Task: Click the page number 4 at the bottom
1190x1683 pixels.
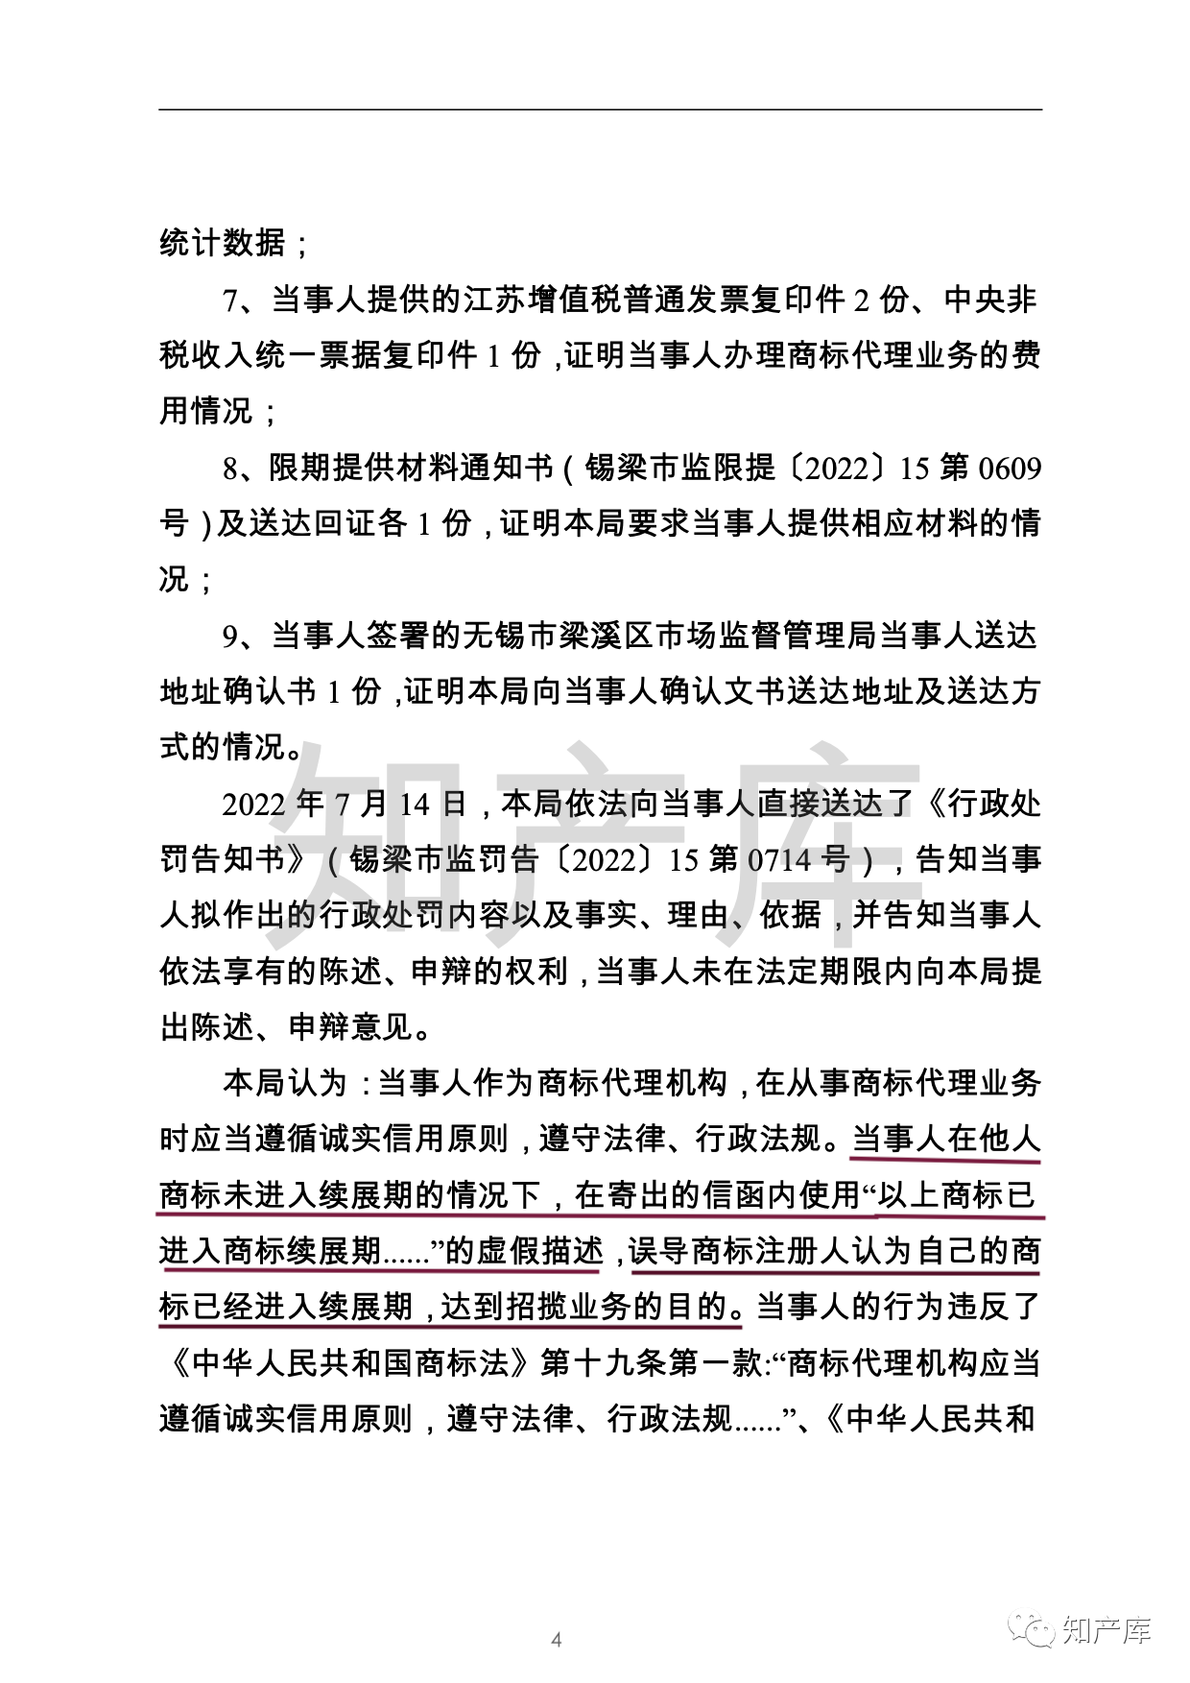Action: click(x=557, y=1639)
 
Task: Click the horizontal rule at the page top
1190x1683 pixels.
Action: click(x=600, y=109)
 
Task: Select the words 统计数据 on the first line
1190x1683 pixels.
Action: click(x=222, y=243)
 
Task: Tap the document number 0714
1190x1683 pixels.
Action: click(x=778, y=859)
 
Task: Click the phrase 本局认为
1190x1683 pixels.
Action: click(x=284, y=1083)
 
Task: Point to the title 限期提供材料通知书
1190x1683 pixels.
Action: click(x=411, y=469)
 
